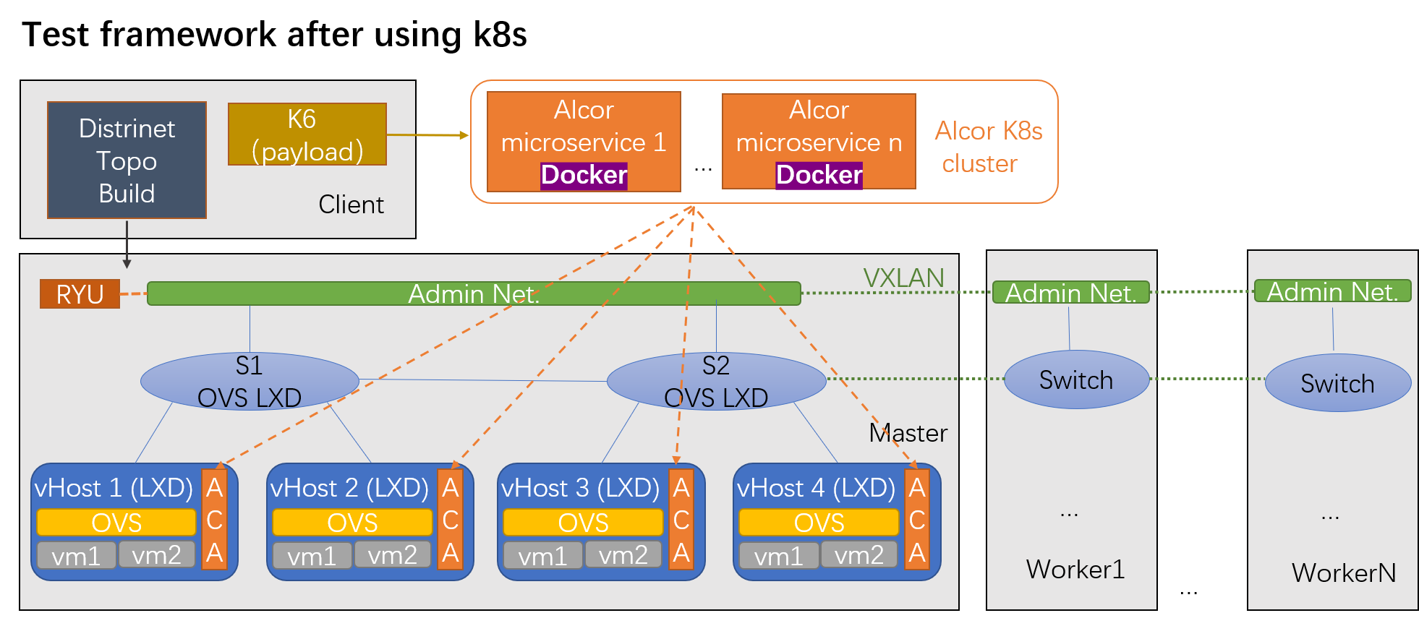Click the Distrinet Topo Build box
(x=127, y=160)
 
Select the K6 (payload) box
(x=307, y=134)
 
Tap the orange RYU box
(x=80, y=294)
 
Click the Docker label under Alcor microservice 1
(x=584, y=176)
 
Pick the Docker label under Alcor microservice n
(x=819, y=176)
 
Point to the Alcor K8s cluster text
(x=988, y=147)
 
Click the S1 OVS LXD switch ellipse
(x=250, y=381)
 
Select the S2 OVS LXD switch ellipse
(x=716, y=381)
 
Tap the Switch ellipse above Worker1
(x=1076, y=380)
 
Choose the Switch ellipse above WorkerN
(x=1337, y=383)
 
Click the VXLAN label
(x=903, y=278)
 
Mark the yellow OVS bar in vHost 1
(x=116, y=522)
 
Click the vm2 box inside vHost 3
(x=623, y=555)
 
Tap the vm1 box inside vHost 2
(x=312, y=556)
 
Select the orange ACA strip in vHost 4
(x=917, y=520)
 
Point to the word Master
(x=908, y=433)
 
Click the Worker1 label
(x=1075, y=570)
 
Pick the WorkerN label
(x=1344, y=573)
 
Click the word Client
(x=351, y=205)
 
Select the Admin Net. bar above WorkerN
(x=1332, y=291)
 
